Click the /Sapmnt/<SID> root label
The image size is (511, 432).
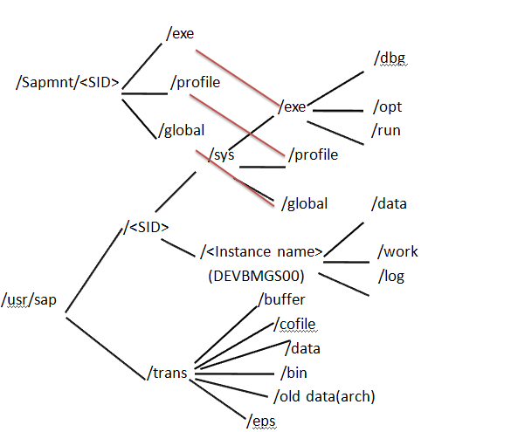coord(67,84)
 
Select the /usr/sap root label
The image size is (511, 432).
coord(32,300)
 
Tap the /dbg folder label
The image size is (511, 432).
coord(390,58)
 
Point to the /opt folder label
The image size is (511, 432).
coord(387,107)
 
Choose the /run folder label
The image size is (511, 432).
coord(385,130)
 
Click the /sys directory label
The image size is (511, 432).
coord(222,155)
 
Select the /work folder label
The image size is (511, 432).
coord(397,251)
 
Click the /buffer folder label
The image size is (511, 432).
coord(281,299)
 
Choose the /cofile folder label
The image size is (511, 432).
coord(295,325)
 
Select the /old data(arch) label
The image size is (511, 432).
coord(324,396)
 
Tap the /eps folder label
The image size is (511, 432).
coord(263,421)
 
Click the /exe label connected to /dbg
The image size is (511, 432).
coord(292,107)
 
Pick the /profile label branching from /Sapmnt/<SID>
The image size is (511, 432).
coord(195,83)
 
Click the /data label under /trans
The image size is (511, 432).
coord(304,348)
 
